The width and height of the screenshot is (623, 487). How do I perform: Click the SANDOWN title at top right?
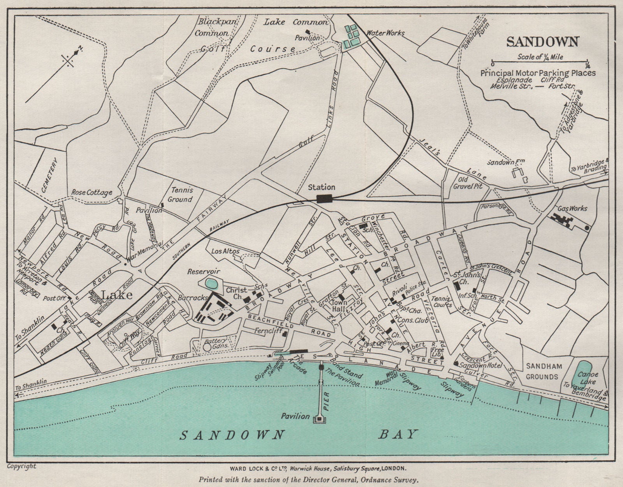(542, 42)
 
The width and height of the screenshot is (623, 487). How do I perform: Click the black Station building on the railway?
(324, 199)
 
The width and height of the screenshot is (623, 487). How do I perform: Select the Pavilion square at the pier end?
(319, 418)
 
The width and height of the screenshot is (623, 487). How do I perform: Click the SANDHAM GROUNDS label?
(542, 371)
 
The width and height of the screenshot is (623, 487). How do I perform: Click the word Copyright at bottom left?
(21, 466)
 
